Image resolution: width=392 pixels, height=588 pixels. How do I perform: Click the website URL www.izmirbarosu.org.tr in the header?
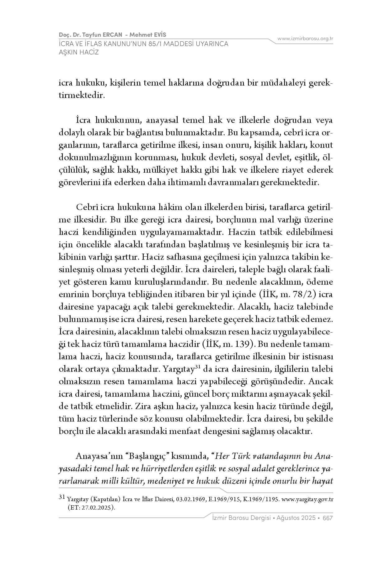pyautogui.click(x=305, y=39)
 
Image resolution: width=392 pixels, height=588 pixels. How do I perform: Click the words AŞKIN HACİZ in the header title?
pyautogui.click(x=79, y=52)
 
